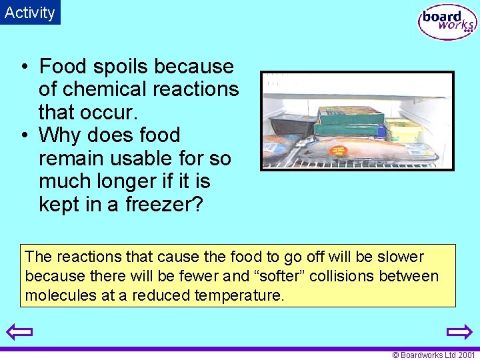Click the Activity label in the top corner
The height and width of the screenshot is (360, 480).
tap(30, 12)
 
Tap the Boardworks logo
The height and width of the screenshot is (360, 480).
tap(447, 23)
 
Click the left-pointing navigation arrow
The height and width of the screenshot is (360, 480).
tap(19, 331)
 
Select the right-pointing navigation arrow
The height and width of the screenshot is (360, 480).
tap(459, 331)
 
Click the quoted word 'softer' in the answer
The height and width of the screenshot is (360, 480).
tap(273, 276)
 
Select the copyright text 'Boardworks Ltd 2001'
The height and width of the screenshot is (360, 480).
tap(437, 355)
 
